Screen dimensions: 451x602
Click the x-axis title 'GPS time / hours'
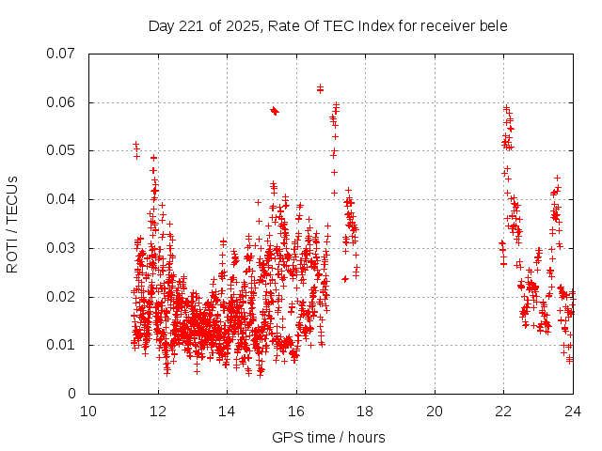point(328,437)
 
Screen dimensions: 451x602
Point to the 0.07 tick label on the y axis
point(61,54)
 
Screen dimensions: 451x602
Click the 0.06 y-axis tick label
point(61,102)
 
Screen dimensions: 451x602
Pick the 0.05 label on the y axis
point(61,150)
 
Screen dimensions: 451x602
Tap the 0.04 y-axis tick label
point(61,199)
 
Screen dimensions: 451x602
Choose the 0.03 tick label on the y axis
point(61,248)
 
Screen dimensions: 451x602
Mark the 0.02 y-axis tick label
point(61,297)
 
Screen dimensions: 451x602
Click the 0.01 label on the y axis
point(61,345)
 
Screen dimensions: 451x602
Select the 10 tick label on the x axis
point(88,411)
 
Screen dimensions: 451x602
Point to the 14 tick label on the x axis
point(227,411)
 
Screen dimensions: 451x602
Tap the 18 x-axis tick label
point(365,411)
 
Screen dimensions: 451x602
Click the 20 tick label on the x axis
point(435,411)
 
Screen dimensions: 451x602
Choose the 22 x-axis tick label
point(503,411)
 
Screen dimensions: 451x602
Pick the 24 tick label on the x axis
point(573,411)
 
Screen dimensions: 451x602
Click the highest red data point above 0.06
point(320,87)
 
